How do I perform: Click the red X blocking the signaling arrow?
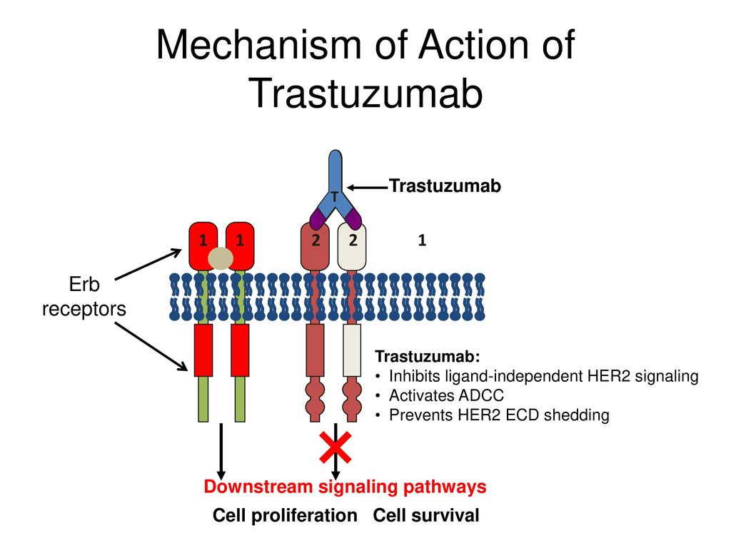(336, 447)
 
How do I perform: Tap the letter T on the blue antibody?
(335, 197)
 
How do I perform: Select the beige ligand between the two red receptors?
(221, 258)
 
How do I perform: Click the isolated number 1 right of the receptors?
(422, 240)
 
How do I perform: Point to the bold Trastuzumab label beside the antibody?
(445, 186)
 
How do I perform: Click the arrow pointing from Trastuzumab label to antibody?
(368, 188)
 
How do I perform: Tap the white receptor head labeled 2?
(352, 247)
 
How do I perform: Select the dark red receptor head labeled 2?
(315, 247)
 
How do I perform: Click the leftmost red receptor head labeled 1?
(203, 245)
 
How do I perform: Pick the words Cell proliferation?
(285, 515)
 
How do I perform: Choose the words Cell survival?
(426, 515)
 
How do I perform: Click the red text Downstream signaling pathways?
(345, 487)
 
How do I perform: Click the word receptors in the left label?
(84, 308)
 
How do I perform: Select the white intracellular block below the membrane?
(352, 350)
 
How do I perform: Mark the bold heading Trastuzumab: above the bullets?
(428, 357)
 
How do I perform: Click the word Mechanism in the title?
(258, 45)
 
